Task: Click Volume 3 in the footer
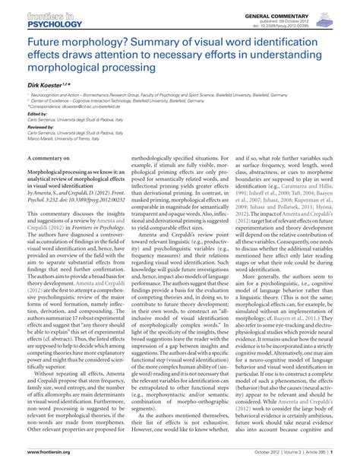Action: (x=282, y=460)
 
